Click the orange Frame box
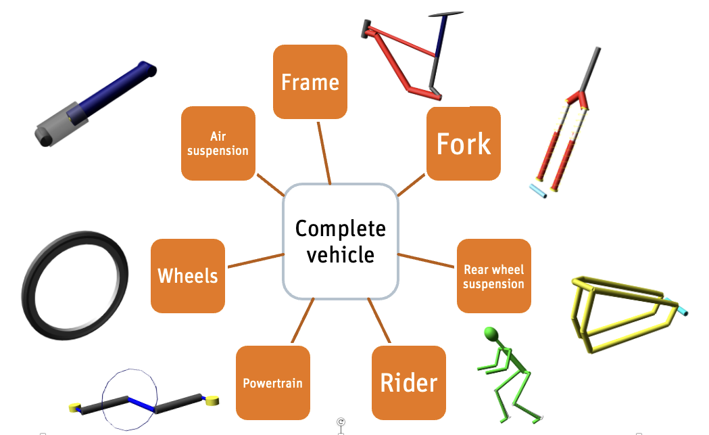(x=310, y=82)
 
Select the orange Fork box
(x=464, y=143)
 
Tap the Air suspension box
(x=218, y=143)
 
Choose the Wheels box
(x=188, y=276)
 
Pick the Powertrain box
(x=273, y=383)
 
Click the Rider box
(x=409, y=383)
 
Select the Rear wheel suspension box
(x=494, y=276)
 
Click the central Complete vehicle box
(x=341, y=242)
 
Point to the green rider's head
(x=491, y=334)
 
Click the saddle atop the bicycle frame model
(x=446, y=14)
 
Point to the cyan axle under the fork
(x=538, y=191)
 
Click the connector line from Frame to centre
(x=324, y=153)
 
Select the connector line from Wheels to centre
(x=256, y=260)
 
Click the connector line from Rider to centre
(x=379, y=321)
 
